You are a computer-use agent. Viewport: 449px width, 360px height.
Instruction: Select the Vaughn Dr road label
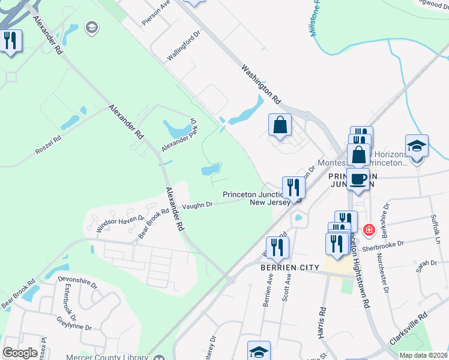[x=197, y=205]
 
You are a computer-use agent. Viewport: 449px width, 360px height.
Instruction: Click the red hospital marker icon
[x=368, y=229]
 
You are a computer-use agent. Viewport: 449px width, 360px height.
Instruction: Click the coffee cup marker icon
[x=358, y=179]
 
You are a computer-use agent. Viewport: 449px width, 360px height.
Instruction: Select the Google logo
[x=20, y=352]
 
